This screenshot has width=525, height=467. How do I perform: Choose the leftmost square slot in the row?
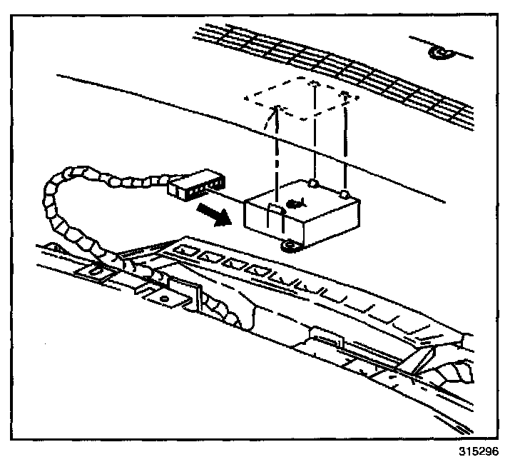(188, 251)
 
